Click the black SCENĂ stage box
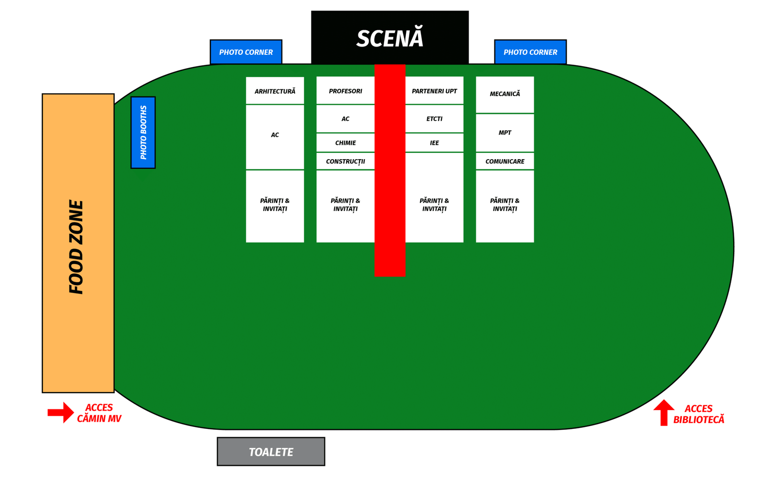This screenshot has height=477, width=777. pyautogui.click(x=389, y=38)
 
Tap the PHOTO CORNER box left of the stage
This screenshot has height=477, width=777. pyautogui.click(x=246, y=52)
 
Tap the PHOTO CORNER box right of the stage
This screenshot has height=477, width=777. pyautogui.click(x=530, y=52)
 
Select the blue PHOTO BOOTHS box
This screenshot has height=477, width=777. pyautogui.click(x=143, y=132)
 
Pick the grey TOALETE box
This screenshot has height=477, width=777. pyautogui.click(x=270, y=452)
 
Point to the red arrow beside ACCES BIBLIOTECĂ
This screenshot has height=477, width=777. pyautogui.click(x=664, y=412)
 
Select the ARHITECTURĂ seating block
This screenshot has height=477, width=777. pyautogui.click(x=275, y=91)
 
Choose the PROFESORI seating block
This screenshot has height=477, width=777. pyautogui.click(x=345, y=91)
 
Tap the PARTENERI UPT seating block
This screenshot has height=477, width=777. pyautogui.click(x=434, y=91)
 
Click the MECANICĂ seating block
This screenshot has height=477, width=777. pyautogui.click(x=505, y=94)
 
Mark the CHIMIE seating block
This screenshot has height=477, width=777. pyautogui.click(x=345, y=143)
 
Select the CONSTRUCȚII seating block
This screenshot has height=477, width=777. pyautogui.click(x=345, y=161)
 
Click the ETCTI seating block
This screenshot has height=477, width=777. pyautogui.click(x=434, y=118)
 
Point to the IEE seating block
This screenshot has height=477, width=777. pyautogui.click(x=434, y=143)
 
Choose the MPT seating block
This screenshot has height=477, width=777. pyautogui.click(x=505, y=132)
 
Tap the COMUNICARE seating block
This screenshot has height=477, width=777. pyautogui.click(x=505, y=161)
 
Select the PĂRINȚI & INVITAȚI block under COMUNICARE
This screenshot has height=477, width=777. pyautogui.click(x=505, y=205)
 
